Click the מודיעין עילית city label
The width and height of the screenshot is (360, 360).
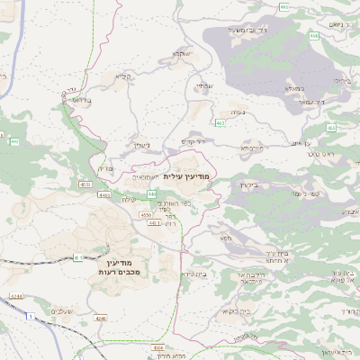click(188, 177)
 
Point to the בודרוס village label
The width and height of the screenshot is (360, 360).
click(80, 100)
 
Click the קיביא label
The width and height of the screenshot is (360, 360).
click(123, 77)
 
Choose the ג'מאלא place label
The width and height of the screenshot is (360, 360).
click(293, 88)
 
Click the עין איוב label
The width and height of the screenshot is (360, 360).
click(301, 143)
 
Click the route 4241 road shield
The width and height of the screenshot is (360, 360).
click(16, 295)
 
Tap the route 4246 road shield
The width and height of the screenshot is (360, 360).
click(98, 318)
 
